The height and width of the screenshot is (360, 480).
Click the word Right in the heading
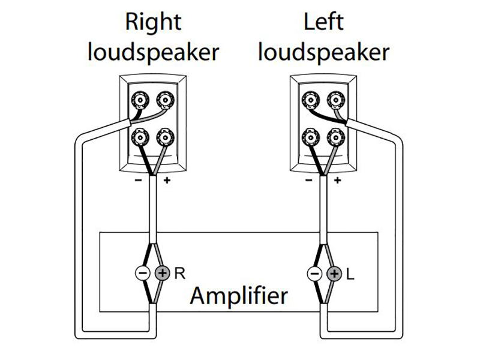click(x=153, y=22)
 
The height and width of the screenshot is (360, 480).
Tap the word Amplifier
click(x=239, y=295)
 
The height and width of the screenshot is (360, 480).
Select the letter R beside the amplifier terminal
click(x=179, y=274)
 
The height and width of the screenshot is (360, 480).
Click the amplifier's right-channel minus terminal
click(x=142, y=274)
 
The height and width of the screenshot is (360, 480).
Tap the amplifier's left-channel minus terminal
click(x=314, y=274)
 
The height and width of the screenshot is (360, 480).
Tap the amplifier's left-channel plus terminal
click(x=334, y=274)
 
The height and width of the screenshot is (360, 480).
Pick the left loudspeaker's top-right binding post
click(x=333, y=98)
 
